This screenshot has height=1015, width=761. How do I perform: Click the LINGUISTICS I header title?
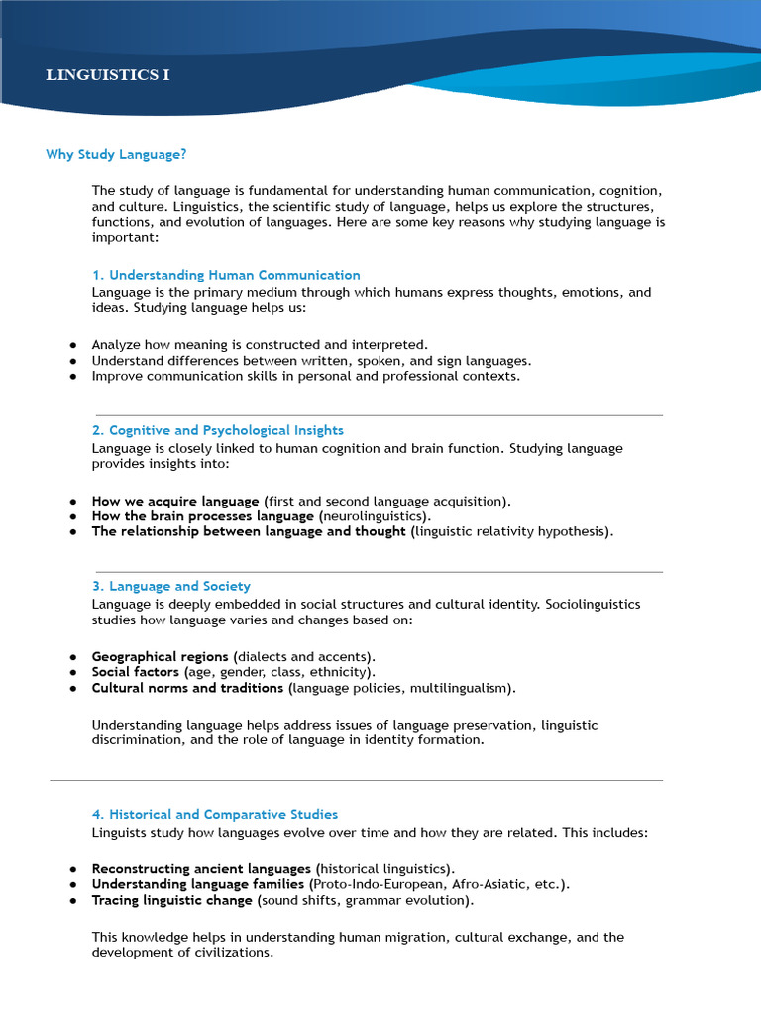(107, 75)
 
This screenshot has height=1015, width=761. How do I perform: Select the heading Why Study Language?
(116, 154)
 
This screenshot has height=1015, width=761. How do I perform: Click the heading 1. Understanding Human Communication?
(226, 275)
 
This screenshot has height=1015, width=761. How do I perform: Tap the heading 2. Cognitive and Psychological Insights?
(218, 430)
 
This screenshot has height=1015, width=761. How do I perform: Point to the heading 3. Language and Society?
(171, 586)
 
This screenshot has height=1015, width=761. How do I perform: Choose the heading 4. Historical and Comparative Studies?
(215, 814)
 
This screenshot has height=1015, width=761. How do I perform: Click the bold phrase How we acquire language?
(175, 501)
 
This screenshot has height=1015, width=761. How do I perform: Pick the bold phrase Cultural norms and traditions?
(187, 687)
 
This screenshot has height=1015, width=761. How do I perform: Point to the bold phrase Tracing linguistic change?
(171, 900)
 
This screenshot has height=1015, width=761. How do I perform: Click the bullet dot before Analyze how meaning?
(73, 345)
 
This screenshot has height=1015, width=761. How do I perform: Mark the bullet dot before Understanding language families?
(73, 884)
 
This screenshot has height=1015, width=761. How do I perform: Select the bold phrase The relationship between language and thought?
(249, 531)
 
